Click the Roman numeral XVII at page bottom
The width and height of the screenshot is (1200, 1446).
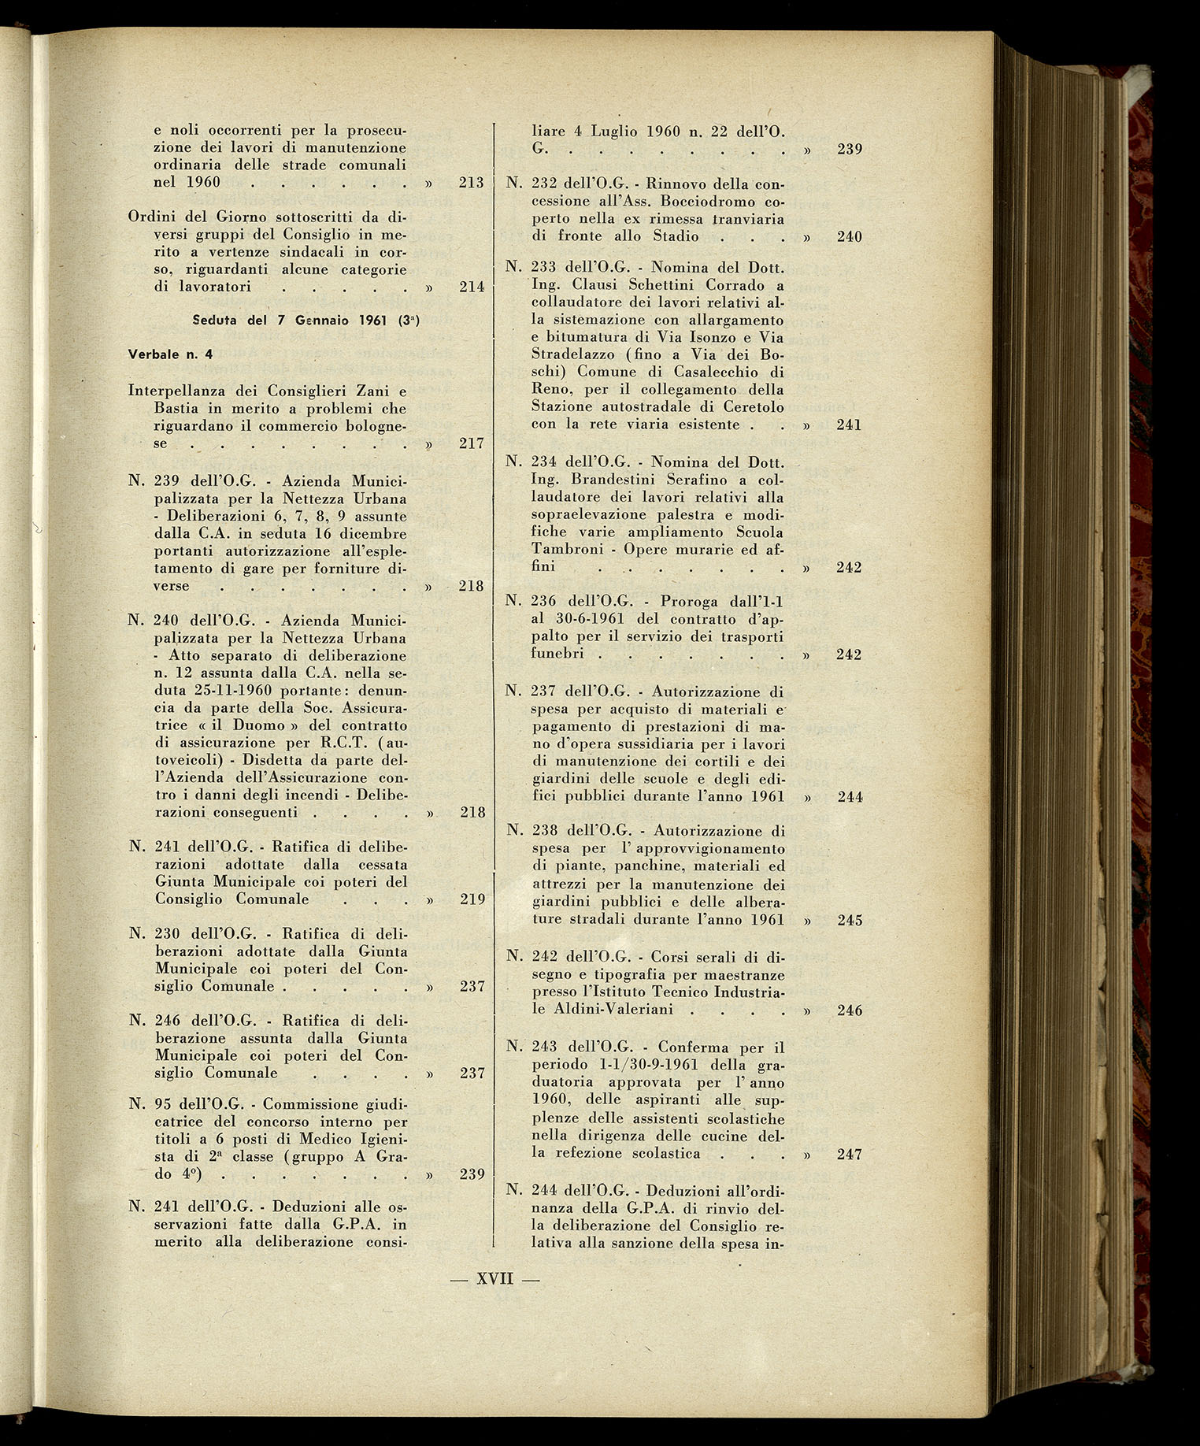click(494, 1278)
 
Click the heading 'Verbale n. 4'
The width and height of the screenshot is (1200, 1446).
click(170, 354)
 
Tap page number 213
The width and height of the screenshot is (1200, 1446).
click(471, 184)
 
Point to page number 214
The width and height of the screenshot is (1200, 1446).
click(471, 287)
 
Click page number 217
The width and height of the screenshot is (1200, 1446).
click(471, 443)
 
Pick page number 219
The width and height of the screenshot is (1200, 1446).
click(471, 899)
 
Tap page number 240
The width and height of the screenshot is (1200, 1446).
click(850, 236)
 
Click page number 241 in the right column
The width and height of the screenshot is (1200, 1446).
click(849, 425)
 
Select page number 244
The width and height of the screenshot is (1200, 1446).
click(850, 796)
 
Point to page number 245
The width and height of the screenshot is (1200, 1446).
click(850, 920)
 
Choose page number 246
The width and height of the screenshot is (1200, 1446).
click(850, 1010)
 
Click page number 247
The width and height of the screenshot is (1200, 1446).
click(850, 1155)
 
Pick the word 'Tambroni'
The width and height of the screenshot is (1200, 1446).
click(562, 550)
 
